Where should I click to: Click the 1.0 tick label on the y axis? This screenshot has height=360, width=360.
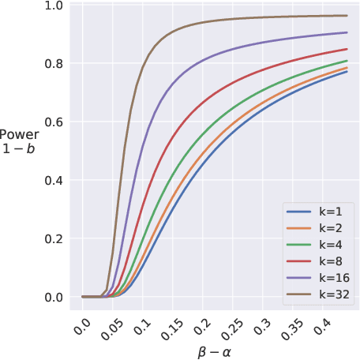pos(54,6)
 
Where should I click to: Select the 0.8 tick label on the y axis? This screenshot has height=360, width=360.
pos(54,64)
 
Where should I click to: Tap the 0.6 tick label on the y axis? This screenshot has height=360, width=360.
pos(54,122)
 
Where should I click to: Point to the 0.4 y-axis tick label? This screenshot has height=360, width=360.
pos(54,181)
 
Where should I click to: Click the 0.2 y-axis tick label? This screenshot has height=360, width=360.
pos(54,239)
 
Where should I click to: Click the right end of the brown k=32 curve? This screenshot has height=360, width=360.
pos(347,16)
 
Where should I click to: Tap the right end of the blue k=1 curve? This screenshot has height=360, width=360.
pos(347,72)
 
